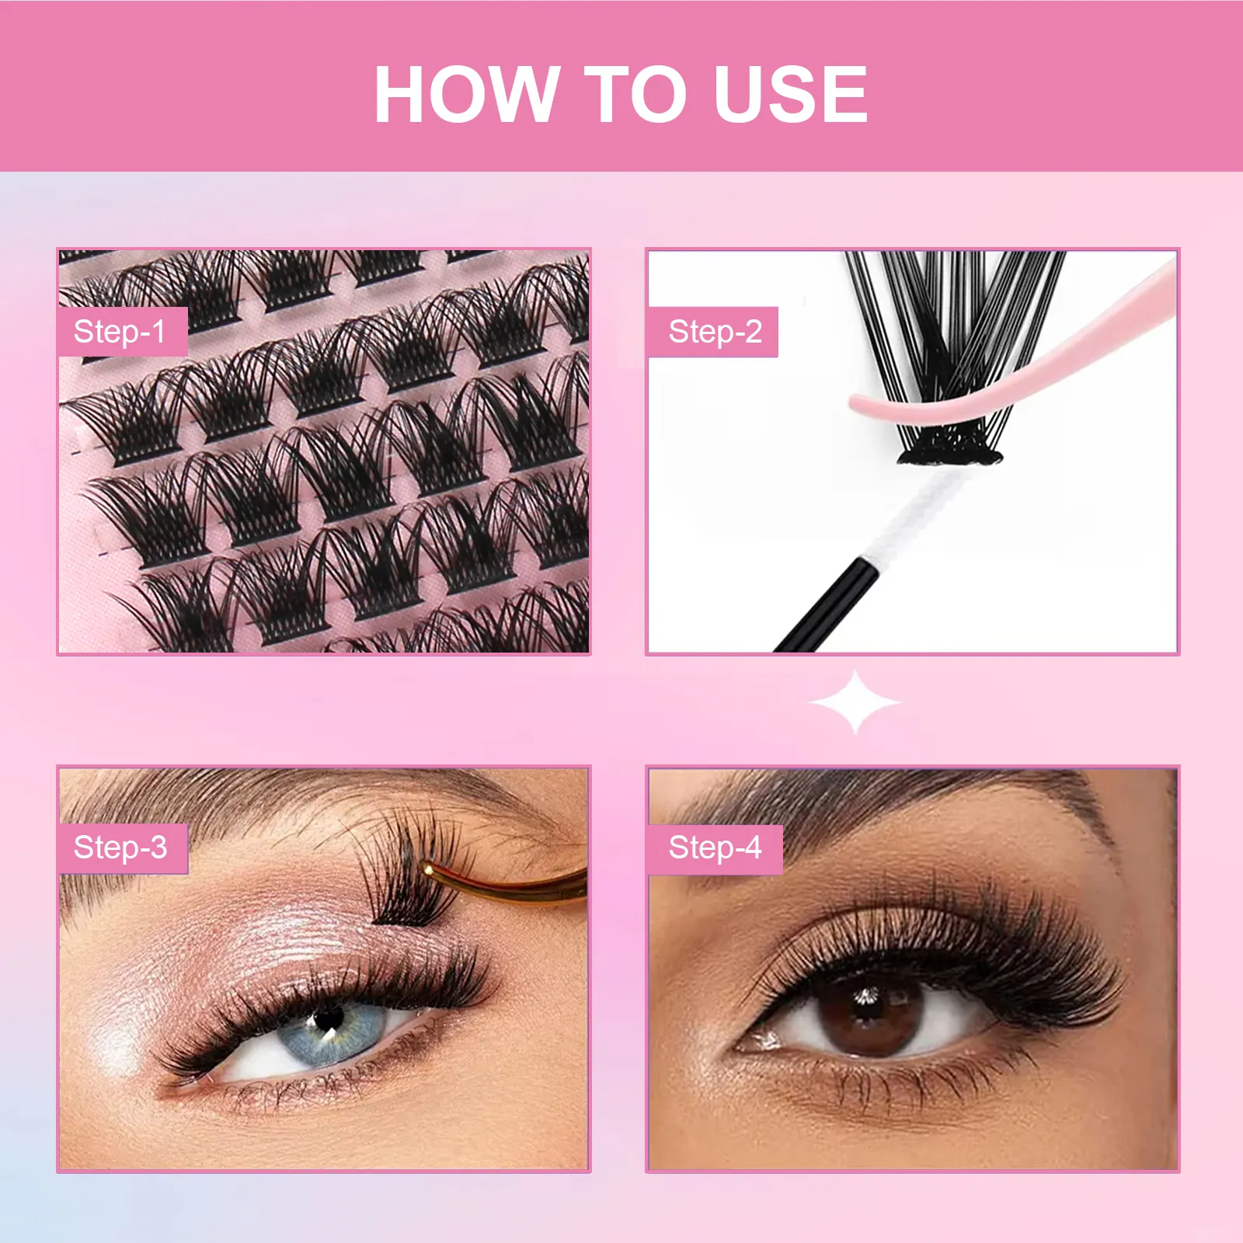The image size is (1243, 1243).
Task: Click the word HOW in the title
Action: coord(467,94)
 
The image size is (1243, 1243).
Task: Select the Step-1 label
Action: coord(121,332)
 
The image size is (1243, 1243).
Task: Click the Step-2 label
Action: coord(713,332)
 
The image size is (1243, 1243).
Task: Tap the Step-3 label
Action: coord(121,848)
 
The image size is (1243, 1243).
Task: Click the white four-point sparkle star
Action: coord(855,702)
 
